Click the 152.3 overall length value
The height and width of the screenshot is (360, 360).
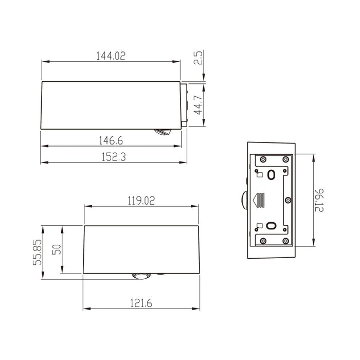click(x=111, y=157)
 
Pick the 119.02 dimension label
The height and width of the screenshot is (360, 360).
click(x=141, y=200)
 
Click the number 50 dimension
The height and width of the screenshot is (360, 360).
click(x=57, y=250)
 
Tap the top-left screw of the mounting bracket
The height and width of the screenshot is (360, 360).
click(x=263, y=158)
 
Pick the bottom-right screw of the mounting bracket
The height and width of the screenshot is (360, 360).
click(x=285, y=240)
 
